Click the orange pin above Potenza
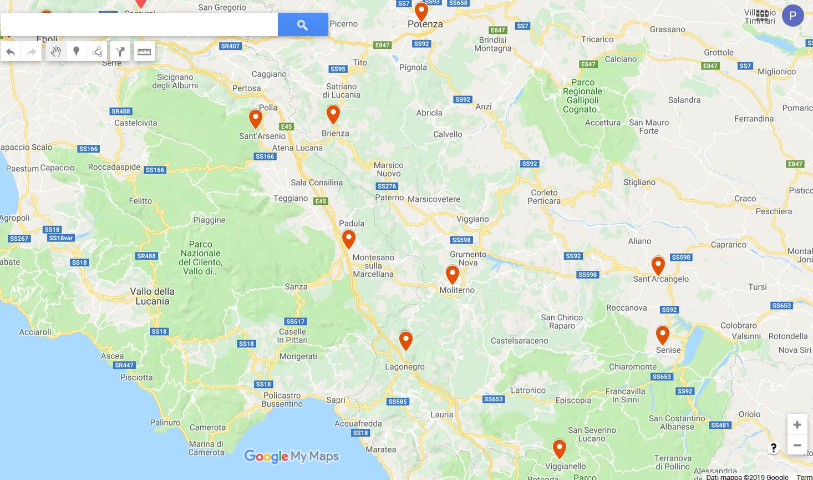tap(421, 11)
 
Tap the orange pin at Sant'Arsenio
tap(256, 118)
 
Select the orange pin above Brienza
tap(333, 114)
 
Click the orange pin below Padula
tap(348, 239)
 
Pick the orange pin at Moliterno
tap(453, 274)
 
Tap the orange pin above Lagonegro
tap(406, 340)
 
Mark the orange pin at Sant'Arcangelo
tap(658, 265)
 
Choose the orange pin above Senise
tap(663, 335)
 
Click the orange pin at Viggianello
tap(560, 448)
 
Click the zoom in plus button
tap(797, 425)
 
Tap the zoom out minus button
tap(797, 445)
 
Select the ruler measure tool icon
tap(144, 52)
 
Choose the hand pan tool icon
tap(55, 52)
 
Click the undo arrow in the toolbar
tap(11, 52)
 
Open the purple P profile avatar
tap(792, 16)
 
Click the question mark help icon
tap(774, 448)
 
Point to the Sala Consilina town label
tap(317, 183)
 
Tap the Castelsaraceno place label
tap(519, 341)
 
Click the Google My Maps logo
tap(291, 456)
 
